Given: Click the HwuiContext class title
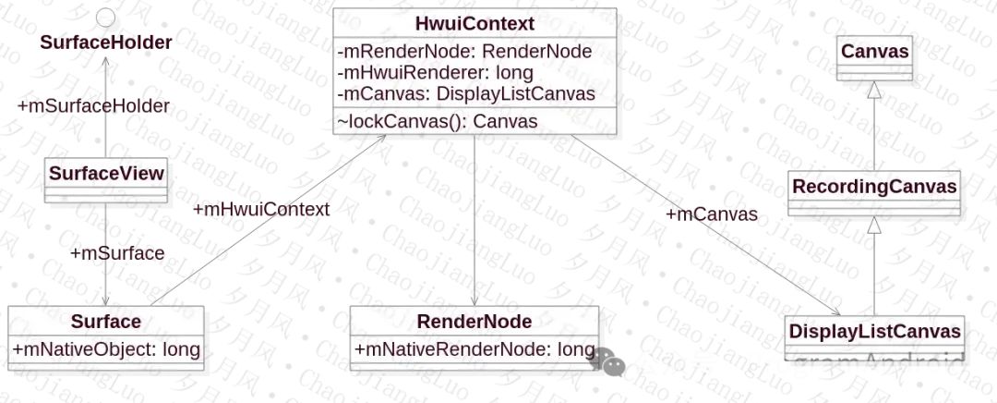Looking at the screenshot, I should tap(474, 22).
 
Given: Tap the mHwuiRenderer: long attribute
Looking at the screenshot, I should tap(435, 72).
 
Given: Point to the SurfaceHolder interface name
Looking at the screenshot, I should tap(105, 43).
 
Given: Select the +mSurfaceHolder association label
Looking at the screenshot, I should tap(93, 106).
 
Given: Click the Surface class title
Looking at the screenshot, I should tap(106, 322).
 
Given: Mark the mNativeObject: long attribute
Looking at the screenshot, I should tap(105, 349).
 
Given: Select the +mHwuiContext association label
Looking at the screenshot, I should tap(261, 209).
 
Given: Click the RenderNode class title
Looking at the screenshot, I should tap(474, 322).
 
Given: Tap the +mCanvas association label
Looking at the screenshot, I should tap(711, 214).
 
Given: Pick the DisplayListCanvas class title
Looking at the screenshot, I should tap(874, 331).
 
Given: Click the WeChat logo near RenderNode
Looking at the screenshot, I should tap(608, 361).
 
